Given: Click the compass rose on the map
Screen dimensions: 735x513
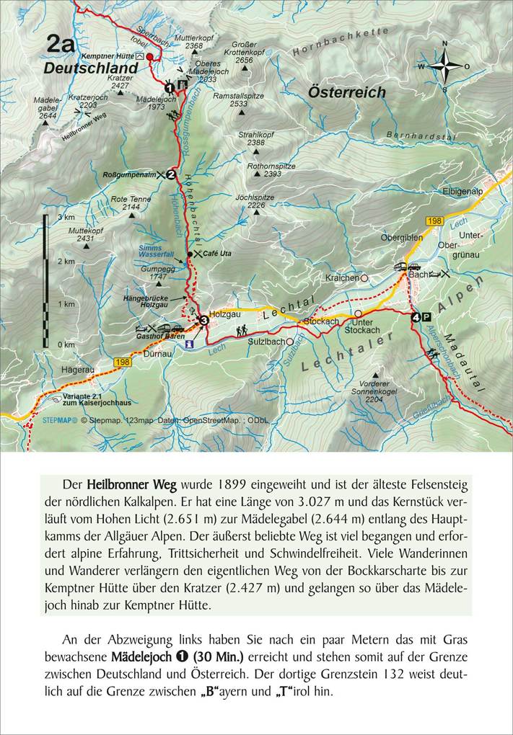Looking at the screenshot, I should pyautogui.click(x=444, y=66).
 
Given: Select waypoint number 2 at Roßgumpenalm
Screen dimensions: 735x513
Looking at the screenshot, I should pyautogui.click(x=171, y=174).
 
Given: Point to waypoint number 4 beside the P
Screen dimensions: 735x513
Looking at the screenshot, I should pyautogui.click(x=416, y=317).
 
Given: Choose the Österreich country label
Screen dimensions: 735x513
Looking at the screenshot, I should pyautogui.click(x=346, y=92).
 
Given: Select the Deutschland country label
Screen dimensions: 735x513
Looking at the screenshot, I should pyautogui.click(x=90, y=68).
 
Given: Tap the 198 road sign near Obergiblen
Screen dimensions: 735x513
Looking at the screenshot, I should pyautogui.click(x=433, y=220).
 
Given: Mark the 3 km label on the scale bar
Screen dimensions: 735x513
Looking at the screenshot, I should pyautogui.click(x=66, y=217).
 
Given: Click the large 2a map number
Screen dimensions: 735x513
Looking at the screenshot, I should pyautogui.click(x=60, y=44).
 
